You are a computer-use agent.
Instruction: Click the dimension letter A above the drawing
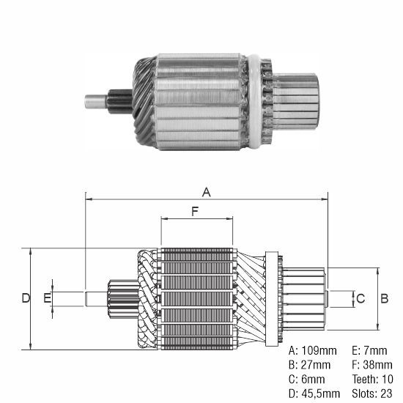pyautogui.click(x=207, y=192)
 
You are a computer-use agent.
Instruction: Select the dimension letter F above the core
pyautogui.click(x=196, y=212)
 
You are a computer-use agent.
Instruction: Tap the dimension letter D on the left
pyautogui.click(x=26, y=298)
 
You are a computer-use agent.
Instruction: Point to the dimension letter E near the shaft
pyautogui.click(x=48, y=298)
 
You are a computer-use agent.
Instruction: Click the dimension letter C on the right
pyautogui.click(x=361, y=299)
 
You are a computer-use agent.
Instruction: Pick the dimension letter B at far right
pyautogui.click(x=384, y=299)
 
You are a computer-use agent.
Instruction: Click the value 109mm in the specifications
pyautogui.click(x=319, y=350)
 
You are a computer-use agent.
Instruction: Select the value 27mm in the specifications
pyautogui.click(x=316, y=365)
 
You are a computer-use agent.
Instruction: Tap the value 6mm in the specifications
pyautogui.click(x=313, y=380)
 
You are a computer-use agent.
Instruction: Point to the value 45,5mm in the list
pyautogui.click(x=321, y=393)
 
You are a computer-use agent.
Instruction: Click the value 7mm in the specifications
pyautogui.click(x=375, y=350)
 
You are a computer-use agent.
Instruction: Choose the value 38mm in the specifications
pyautogui.click(x=377, y=365)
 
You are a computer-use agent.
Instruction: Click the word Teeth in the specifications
pyautogui.click(x=365, y=380)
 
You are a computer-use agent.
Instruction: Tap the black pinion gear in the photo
pyautogui.click(x=120, y=102)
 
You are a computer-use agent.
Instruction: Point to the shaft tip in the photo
pyautogui.click(x=96, y=102)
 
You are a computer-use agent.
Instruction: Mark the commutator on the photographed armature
pyautogui.click(x=295, y=102)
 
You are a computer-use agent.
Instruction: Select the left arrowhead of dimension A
pyautogui.click(x=89, y=199)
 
